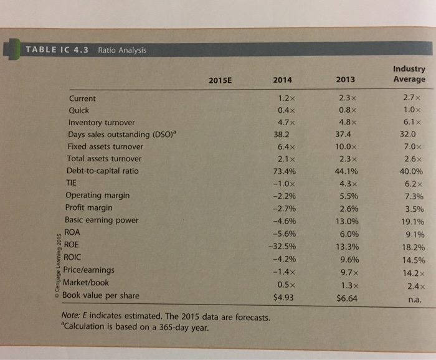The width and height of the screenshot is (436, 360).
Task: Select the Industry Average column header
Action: tap(409, 74)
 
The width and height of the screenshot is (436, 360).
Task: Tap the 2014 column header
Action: tap(283, 80)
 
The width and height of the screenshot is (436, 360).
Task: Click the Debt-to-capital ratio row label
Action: tap(102, 171)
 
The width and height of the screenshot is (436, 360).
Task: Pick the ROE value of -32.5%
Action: tap(282, 245)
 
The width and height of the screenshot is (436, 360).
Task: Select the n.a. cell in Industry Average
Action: tap(414, 299)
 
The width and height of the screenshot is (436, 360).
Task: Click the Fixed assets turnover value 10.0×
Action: tap(344, 146)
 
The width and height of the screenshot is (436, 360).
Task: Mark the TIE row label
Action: tap(73, 183)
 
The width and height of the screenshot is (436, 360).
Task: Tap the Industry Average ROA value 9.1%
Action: tap(414, 235)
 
